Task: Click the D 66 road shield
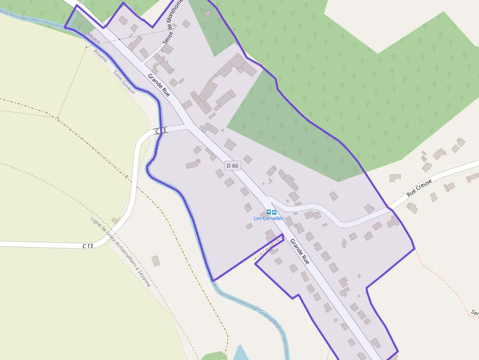(233, 166)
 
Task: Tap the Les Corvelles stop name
(268, 218)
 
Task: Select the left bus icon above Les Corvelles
(268, 212)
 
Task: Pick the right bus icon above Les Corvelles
(274, 212)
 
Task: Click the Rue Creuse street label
(419, 188)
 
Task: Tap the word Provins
(100, 56)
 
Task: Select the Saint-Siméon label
(124, 82)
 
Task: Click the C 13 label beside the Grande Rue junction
(161, 131)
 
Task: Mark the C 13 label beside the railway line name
(87, 246)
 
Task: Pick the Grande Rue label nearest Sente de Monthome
(159, 85)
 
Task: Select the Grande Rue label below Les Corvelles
(300, 251)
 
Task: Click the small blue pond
(240, 354)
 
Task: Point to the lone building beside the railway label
(155, 261)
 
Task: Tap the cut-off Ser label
(474, 312)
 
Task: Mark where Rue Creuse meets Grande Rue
(270, 201)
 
